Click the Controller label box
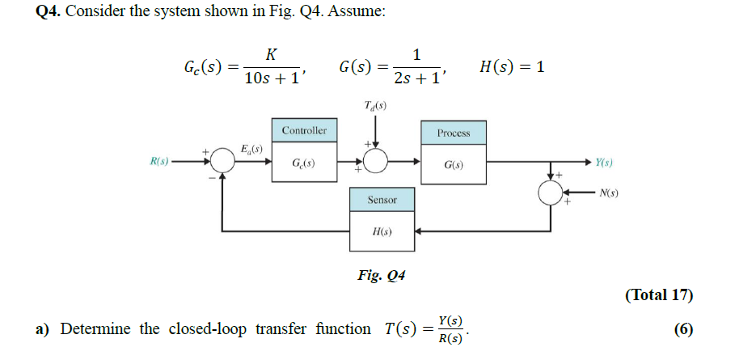(x=304, y=130)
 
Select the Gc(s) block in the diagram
(x=304, y=163)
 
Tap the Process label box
(x=453, y=133)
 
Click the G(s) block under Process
(x=453, y=164)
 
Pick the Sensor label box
(x=382, y=200)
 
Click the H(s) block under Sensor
(x=382, y=231)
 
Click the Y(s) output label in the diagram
(x=603, y=162)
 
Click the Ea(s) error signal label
(x=251, y=148)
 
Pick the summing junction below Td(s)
(x=375, y=163)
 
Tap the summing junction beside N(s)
(x=553, y=192)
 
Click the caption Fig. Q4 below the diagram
(x=381, y=275)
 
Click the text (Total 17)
(x=659, y=294)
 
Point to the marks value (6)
(x=682, y=329)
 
